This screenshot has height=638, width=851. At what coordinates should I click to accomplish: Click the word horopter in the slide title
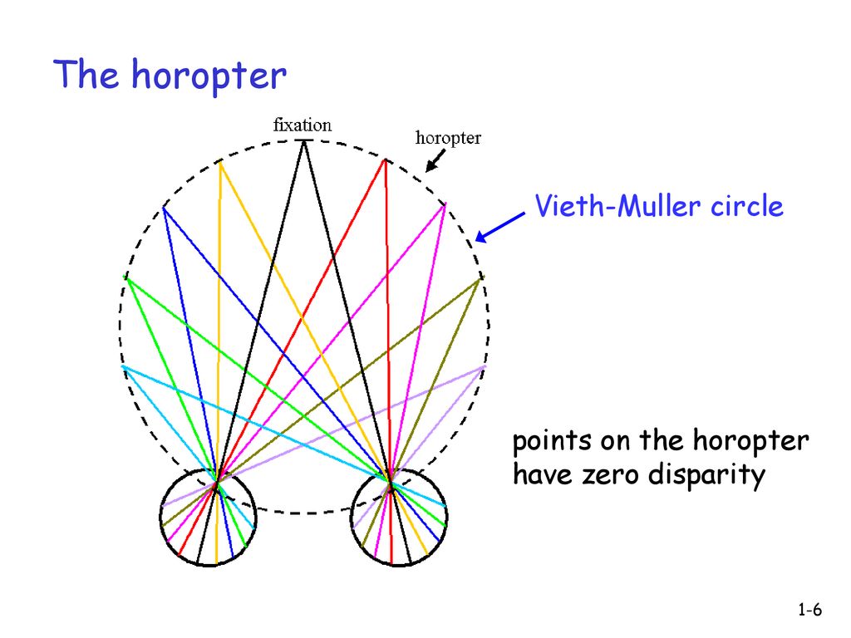(209, 77)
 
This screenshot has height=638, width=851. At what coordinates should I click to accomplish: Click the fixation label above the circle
(303, 125)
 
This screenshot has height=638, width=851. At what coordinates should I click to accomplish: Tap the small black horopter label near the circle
(448, 138)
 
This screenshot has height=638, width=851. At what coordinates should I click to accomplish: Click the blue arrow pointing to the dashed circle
(500, 227)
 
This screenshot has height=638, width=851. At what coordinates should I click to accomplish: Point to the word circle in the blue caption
(746, 205)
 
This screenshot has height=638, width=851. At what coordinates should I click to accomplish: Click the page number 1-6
(809, 611)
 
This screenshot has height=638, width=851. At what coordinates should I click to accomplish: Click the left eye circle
(208, 517)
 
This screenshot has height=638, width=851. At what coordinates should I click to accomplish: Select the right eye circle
(399, 517)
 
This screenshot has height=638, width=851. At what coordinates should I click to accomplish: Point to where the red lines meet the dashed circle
(384, 160)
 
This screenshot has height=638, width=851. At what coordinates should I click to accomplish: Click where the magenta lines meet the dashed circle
(445, 204)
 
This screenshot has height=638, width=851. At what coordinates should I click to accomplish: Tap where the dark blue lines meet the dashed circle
(164, 208)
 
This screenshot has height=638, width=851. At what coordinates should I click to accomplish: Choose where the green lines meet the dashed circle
(126, 277)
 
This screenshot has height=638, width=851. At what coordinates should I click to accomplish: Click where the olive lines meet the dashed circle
(479, 280)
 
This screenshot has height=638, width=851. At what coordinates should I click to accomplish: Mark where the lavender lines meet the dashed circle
(485, 366)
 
